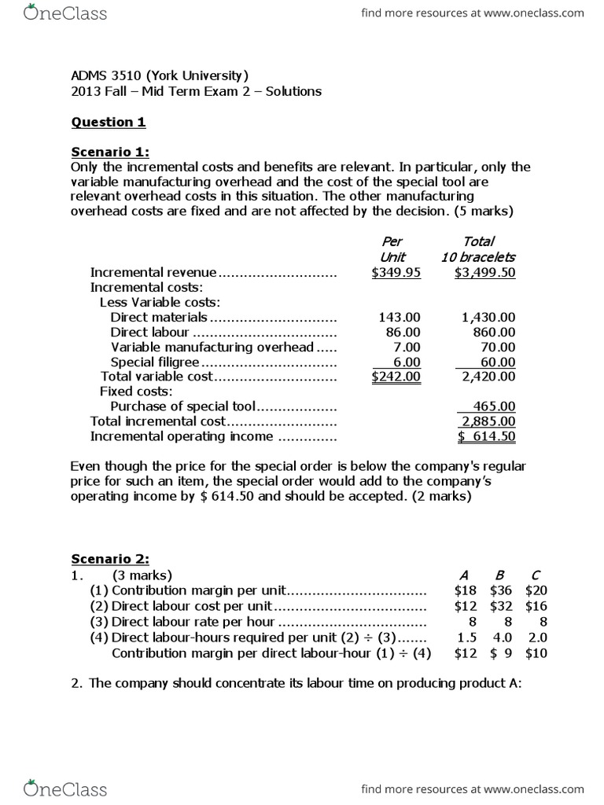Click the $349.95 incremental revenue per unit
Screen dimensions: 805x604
pos(396,272)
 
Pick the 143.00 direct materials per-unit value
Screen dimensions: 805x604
pos(400,317)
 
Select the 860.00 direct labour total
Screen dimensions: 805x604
pos(492,332)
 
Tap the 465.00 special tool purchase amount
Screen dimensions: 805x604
pos(493,406)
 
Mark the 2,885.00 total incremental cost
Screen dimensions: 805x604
pos(486,421)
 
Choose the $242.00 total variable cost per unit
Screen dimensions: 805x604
pos(396,377)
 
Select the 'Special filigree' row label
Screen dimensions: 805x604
pos(156,362)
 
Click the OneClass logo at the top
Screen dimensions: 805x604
pos(66,13)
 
